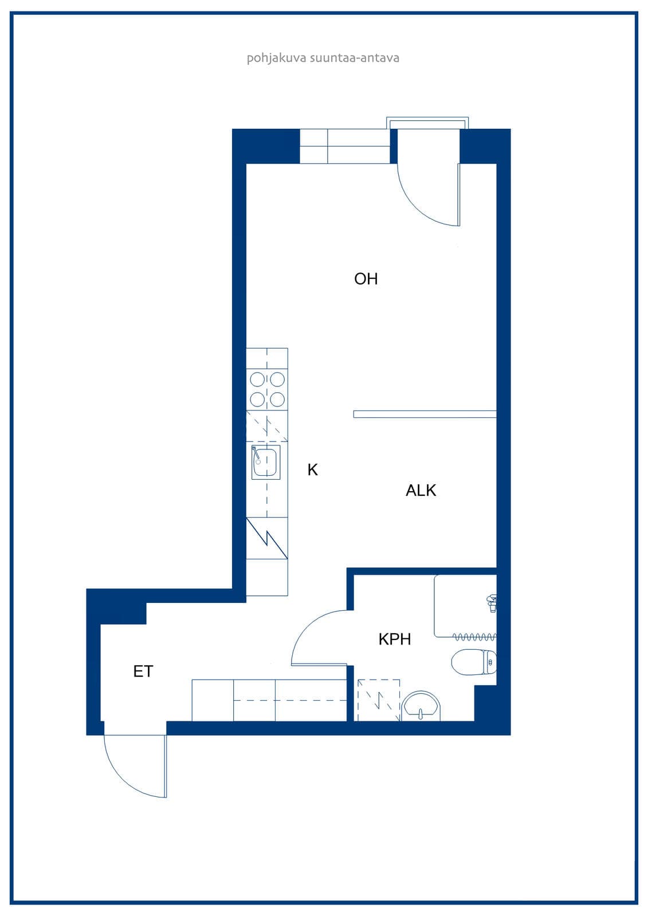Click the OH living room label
point(366,279)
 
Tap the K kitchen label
point(313,470)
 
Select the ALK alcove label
point(421,490)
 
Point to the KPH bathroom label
point(395,639)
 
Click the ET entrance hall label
point(143,672)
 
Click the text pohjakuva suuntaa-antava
point(323,58)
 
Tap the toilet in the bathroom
point(474,662)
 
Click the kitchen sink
point(266,463)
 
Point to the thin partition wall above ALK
point(425,414)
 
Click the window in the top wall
point(345,147)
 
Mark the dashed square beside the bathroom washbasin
point(379,701)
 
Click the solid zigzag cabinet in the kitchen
point(267,538)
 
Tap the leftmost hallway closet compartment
point(213,701)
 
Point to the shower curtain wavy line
point(474,637)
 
